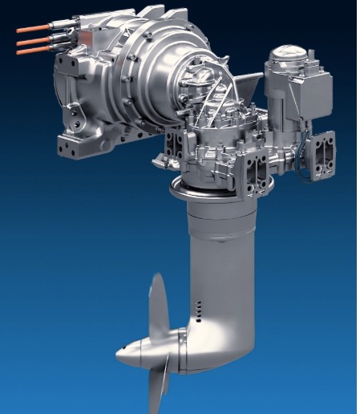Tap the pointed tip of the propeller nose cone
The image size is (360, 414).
point(119,353)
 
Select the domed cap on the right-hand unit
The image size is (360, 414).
point(287,55)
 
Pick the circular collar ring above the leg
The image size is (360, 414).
point(220,189)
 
